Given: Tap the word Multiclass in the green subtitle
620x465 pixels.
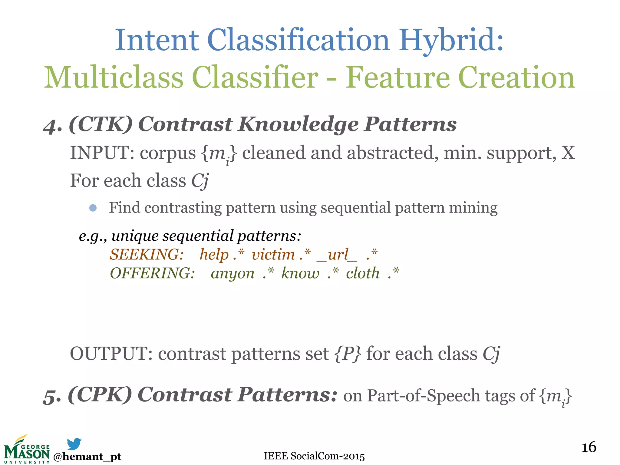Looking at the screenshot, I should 114,78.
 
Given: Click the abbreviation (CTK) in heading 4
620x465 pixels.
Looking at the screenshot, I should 101,124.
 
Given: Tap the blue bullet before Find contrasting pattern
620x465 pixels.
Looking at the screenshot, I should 93,208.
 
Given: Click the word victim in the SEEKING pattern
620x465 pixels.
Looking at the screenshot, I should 273,254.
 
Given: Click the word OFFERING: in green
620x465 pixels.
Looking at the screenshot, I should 152,273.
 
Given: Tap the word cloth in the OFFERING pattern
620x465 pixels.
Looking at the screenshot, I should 362,273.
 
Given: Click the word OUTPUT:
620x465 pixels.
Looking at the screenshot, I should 111,354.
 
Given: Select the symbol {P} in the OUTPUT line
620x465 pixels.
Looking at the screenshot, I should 348,354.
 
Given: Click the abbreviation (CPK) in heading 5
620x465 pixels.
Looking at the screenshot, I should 100,395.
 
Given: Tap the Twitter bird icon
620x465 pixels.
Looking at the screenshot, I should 74,444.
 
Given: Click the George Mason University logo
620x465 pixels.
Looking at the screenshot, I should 27,450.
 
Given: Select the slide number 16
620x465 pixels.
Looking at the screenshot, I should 589,447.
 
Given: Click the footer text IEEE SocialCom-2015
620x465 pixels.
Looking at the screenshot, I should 314,456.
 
